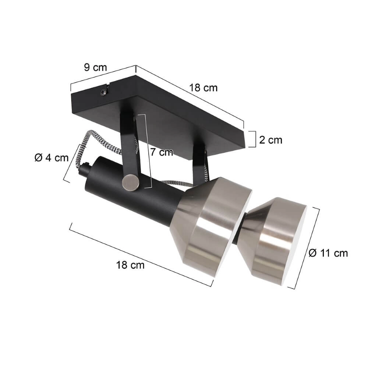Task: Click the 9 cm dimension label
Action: pos(95,67)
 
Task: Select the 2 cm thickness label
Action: pos(270,140)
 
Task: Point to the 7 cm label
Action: pos(161,152)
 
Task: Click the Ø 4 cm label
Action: pos(52,158)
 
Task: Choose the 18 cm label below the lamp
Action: pos(130,265)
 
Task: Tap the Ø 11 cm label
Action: pos(328,253)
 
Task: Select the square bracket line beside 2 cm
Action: pos(253,139)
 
